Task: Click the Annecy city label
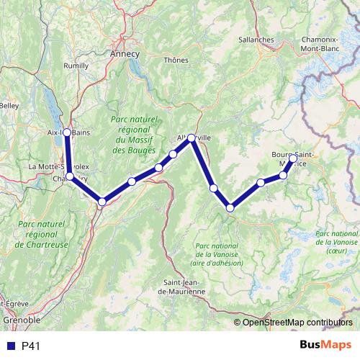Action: point(125,54)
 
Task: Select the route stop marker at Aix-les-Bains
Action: point(66,132)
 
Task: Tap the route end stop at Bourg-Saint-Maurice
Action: point(293,157)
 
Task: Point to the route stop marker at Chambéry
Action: point(70,176)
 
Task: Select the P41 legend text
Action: point(30,346)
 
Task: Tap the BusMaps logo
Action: point(326,346)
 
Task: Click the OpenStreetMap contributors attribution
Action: point(297,322)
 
